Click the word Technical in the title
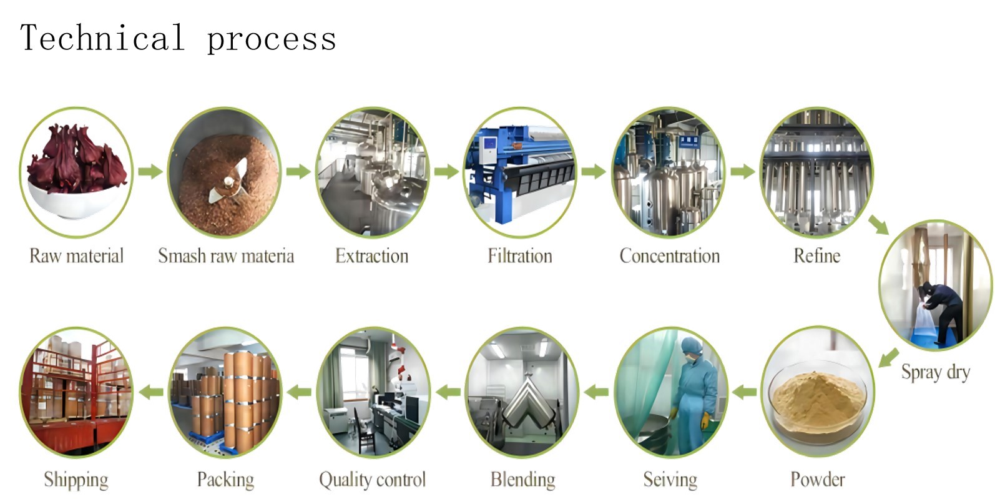coord(102,37)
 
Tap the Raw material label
coord(76,256)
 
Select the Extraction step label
coord(372,256)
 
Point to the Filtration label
coord(520,256)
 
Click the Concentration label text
coord(669,256)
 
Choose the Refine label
coord(817,256)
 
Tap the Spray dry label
coord(936,372)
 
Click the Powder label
coord(817,480)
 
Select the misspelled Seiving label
coord(670,480)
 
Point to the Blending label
coord(523,480)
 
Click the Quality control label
coord(372,480)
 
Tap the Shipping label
coord(76,480)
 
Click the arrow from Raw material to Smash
coord(150,172)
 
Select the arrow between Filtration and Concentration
coord(594,172)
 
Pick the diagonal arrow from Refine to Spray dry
coord(879,225)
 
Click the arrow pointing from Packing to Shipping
coord(150,392)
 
